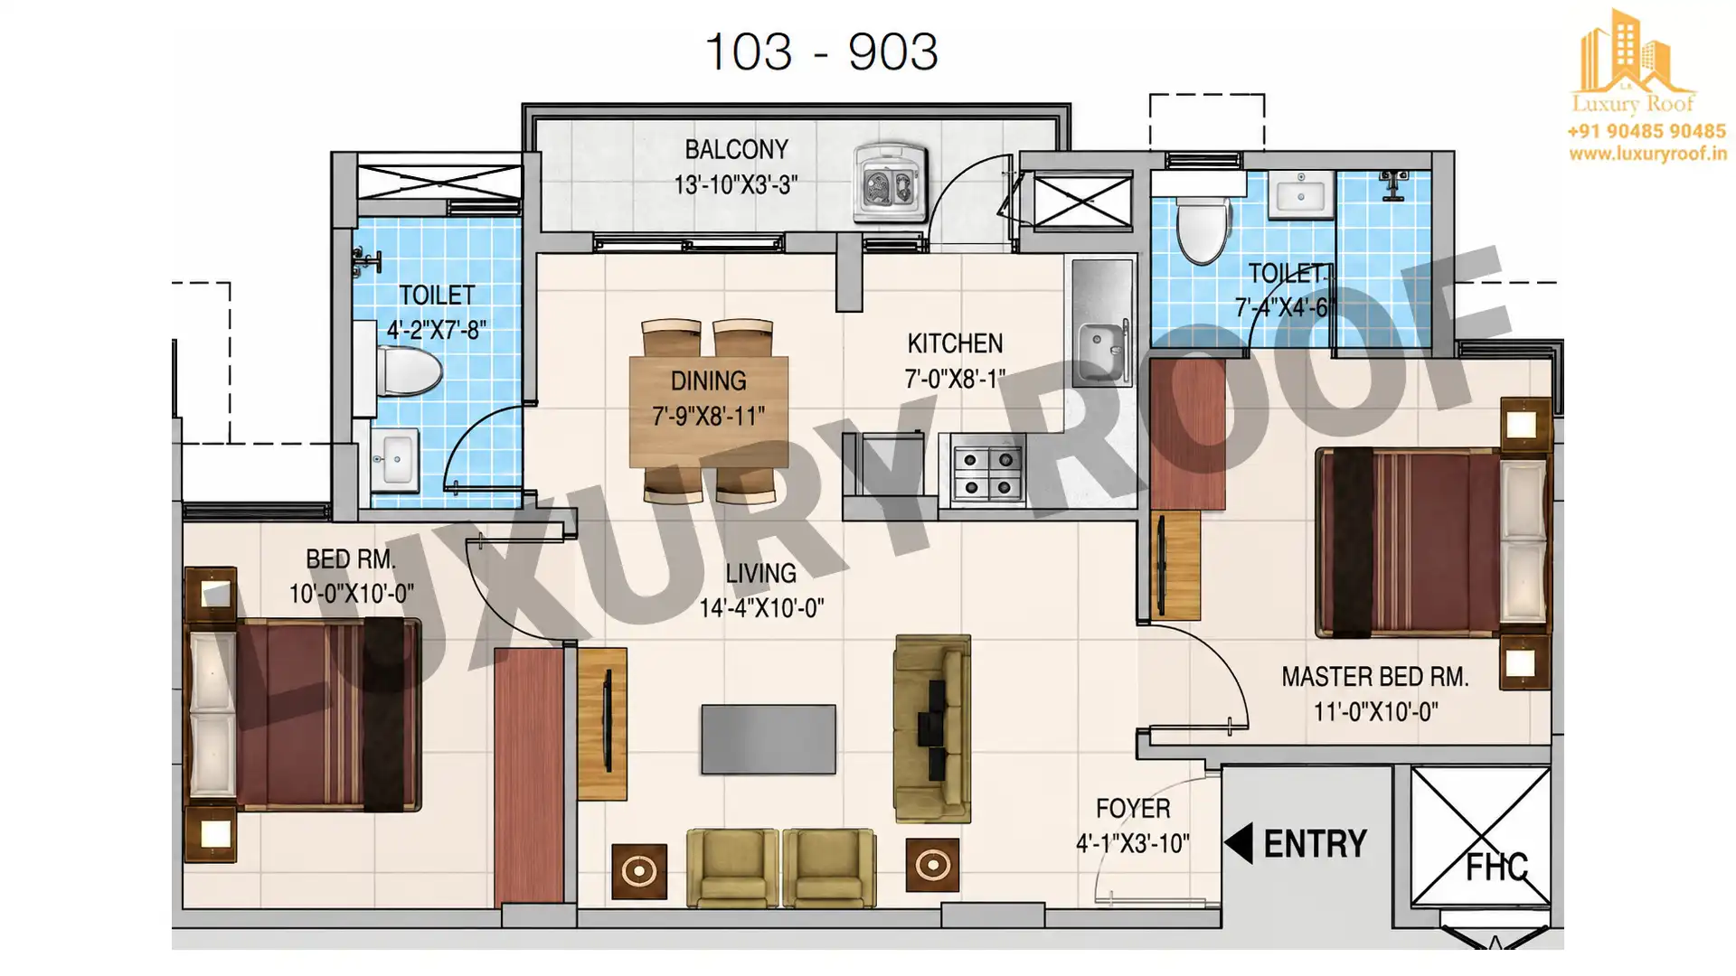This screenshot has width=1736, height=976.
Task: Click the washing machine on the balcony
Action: (892, 183)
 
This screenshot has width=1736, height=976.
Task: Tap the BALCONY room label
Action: (736, 149)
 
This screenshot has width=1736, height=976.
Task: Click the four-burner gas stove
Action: (987, 474)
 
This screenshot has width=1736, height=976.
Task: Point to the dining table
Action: (709, 411)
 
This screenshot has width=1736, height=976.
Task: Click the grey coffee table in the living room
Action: (769, 739)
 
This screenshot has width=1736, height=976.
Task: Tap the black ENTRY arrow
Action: (1239, 843)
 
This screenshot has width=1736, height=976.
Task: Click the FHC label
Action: (1496, 867)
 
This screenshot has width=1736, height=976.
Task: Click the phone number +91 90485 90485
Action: (1646, 131)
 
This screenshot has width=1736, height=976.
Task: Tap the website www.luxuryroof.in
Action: (1647, 154)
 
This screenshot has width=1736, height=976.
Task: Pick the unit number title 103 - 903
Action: (821, 52)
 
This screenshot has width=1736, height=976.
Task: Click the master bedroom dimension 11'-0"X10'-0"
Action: (1375, 712)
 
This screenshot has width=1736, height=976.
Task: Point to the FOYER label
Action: (1133, 809)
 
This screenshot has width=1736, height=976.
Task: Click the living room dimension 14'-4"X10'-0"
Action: (761, 607)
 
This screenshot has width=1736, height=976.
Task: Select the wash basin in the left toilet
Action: (395, 460)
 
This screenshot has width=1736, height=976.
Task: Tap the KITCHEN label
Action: (955, 343)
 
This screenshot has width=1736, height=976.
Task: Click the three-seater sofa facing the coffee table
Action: (933, 728)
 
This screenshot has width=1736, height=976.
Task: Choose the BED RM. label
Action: (351, 559)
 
